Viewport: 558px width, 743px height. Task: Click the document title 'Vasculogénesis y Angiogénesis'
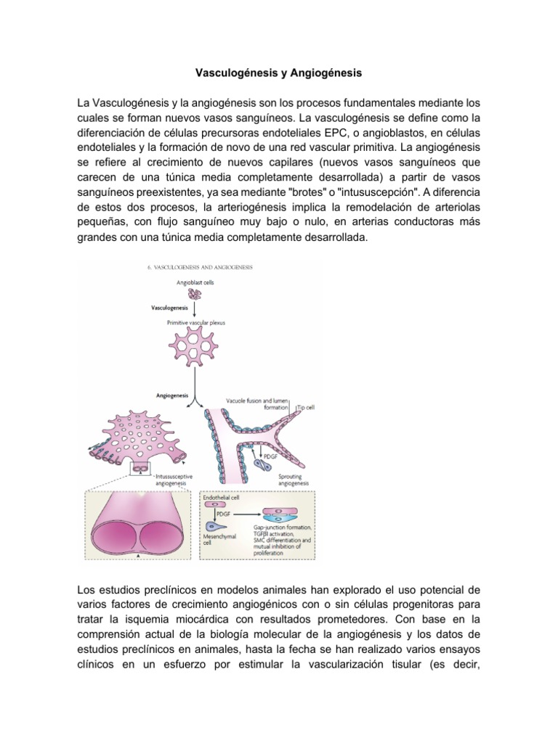[279, 73]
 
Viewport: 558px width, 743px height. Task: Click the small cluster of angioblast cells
[194, 294]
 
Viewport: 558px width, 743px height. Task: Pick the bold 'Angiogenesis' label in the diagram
[171, 395]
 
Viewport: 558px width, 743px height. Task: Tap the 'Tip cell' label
[306, 408]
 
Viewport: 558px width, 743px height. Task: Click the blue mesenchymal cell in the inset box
[218, 528]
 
